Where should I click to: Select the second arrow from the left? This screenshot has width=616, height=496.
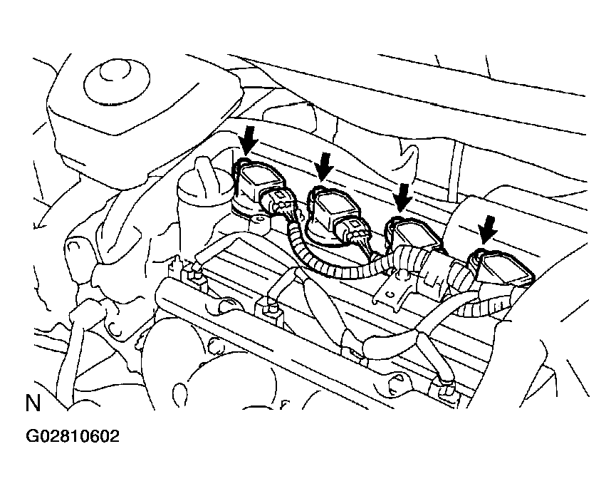tap(325, 165)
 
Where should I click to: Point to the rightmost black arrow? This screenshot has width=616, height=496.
tap(488, 229)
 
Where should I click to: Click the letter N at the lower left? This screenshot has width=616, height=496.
tap(33, 404)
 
